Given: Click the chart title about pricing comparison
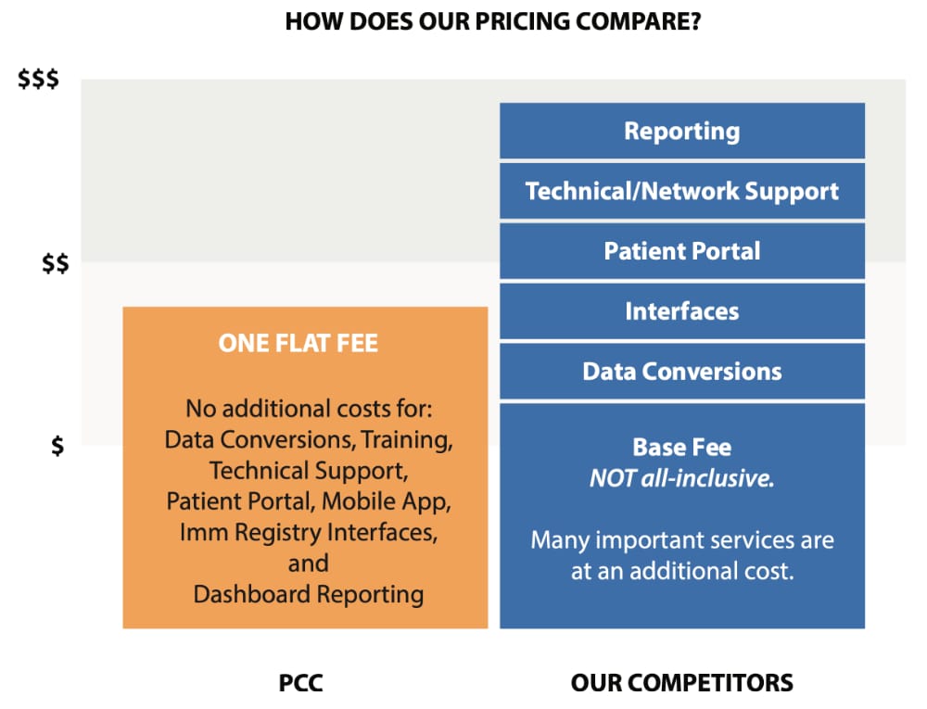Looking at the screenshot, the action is [493, 21].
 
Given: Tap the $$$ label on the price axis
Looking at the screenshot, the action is [38, 79].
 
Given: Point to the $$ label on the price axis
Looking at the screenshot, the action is [55, 263].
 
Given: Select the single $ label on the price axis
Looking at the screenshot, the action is [57, 446].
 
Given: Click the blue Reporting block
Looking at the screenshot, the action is [682, 132].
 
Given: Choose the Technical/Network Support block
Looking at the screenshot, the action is [682, 192].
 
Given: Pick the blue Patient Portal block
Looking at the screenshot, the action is [682, 251].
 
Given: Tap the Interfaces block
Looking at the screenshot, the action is [682, 311].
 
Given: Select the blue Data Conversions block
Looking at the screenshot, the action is [682, 372].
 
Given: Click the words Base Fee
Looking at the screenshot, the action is [682, 448].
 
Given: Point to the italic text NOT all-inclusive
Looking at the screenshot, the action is [682, 478].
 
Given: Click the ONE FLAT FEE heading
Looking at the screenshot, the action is [298, 343].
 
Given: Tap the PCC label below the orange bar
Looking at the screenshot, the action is [301, 683].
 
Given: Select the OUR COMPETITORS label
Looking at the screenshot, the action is [682, 683].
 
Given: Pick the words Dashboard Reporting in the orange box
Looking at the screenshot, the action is [309, 594].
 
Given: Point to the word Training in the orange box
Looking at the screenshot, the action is [407, 440].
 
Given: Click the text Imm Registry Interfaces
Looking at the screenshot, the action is [309, 532].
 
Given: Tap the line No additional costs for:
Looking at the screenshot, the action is [309, 409].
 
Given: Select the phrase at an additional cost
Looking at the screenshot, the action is [682, 571].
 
